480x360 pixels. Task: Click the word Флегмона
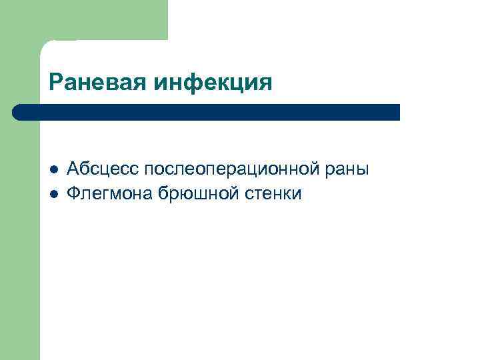110,193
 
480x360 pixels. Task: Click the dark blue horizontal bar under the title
207,112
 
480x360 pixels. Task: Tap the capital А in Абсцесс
73,169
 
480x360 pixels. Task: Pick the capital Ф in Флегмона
75,193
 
